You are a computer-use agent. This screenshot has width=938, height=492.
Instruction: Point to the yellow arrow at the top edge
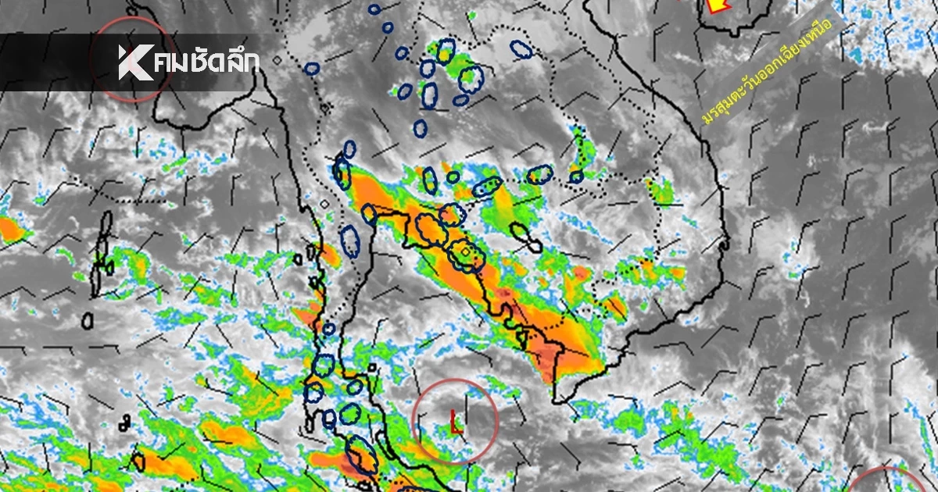[715, 5]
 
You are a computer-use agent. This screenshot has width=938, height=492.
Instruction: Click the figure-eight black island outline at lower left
[125, 422]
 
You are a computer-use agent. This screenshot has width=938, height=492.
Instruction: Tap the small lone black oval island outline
[88, 320]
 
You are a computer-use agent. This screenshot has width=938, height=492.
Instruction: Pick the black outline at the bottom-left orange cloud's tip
[138, 461]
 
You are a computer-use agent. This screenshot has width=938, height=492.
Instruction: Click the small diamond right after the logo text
[277, 59]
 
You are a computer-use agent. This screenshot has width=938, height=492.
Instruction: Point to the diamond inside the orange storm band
[466, 252]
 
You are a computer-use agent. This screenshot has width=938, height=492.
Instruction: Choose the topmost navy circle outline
[375, 9]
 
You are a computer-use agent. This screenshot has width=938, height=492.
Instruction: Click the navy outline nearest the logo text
[312, 69]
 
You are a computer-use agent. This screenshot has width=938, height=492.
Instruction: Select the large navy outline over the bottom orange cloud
[362, 456]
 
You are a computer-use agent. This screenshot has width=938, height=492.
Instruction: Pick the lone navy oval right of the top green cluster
[521, 49]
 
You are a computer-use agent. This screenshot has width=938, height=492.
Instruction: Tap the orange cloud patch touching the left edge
[9, 229]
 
